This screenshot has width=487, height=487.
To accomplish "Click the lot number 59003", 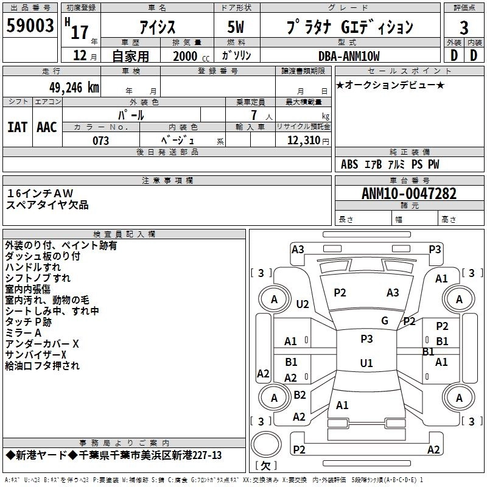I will point(30,27).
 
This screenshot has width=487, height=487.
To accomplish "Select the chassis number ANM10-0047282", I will point(409,194).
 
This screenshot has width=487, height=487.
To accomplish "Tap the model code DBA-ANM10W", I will point(349,56).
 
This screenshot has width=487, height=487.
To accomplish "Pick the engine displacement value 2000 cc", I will point(189,56).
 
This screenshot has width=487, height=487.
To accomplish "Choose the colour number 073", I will point(101,141).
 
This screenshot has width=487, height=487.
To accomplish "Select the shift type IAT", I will point(18,127).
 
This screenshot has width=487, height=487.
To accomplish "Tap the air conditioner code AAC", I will point(47,127).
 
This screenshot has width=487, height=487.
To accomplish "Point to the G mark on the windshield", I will point(385,321).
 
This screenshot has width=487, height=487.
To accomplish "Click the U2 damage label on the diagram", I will point(303,303).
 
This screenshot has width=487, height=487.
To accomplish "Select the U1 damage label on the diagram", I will point(366,363).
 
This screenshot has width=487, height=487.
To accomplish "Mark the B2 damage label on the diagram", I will point(300,395).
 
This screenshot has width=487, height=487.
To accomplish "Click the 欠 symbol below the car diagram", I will point(265,466).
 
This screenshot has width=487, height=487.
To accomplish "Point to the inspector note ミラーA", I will point(23,333).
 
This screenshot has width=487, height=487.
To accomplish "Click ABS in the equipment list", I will point(349,164).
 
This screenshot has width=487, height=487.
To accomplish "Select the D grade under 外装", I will point(454,55).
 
